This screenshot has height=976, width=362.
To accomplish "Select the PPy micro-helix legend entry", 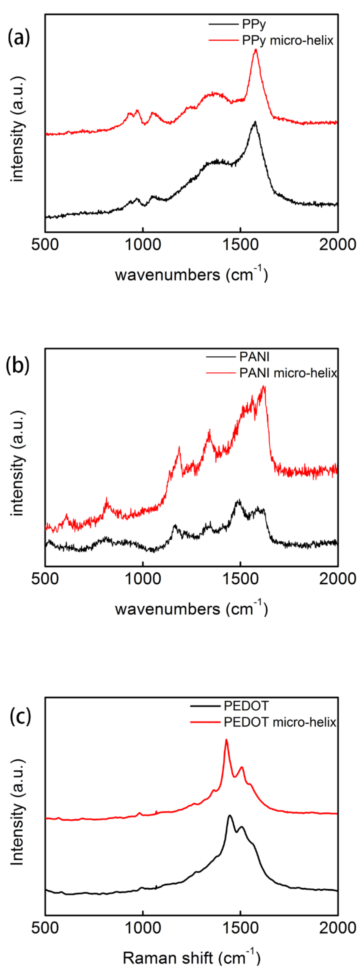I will click(x=287, y=40).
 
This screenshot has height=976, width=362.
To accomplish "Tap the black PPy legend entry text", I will click(x=254, y=24).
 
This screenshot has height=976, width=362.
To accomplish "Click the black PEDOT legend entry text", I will click(x=246, y=706).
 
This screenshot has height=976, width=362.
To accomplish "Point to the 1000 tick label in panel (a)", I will click(x=143, y=245).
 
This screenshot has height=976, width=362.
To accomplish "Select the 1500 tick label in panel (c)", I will click(x=240, y=928).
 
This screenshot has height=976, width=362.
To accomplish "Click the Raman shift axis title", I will click(x=192, y=958).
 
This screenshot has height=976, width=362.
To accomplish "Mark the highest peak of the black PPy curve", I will click(x=255, y=122).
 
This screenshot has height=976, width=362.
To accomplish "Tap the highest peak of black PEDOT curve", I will click(x=229, y=815).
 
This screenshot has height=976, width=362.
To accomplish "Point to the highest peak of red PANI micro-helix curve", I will click(x=264, y=386).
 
